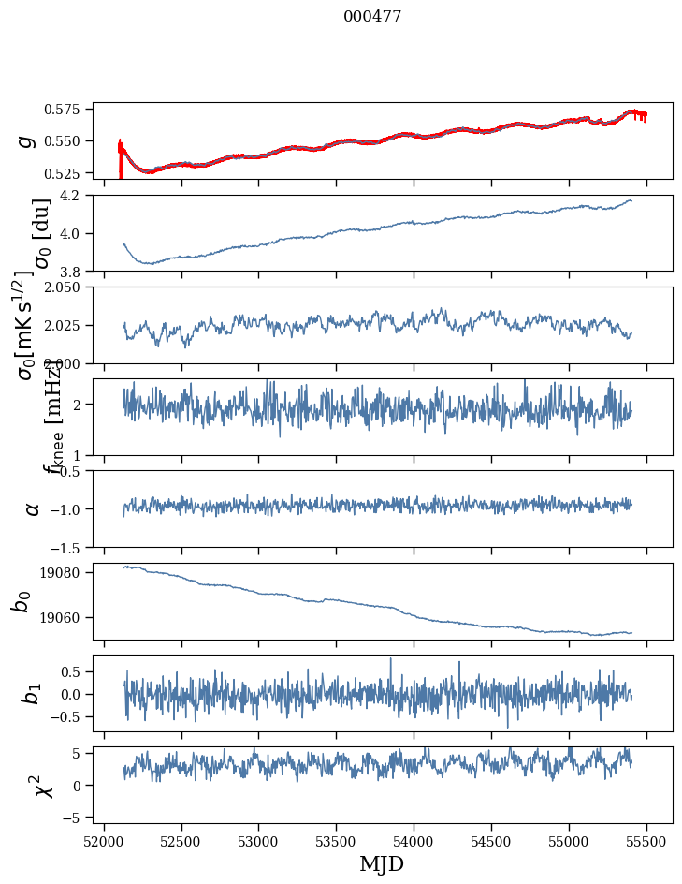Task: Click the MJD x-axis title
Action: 382,863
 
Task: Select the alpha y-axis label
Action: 32,508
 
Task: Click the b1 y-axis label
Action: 32,693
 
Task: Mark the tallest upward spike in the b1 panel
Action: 391,659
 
